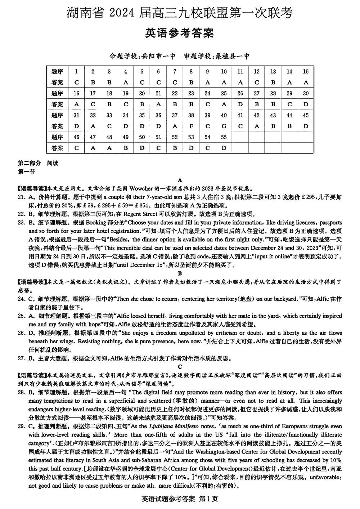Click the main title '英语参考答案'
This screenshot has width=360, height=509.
coord(179,33)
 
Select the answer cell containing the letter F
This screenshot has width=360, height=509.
coord(191,126)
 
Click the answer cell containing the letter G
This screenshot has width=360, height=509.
coord(224,126)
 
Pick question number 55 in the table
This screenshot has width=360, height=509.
coord(224,137)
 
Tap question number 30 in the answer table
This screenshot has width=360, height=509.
coord(306,93)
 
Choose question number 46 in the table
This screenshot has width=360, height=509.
coord(76,137)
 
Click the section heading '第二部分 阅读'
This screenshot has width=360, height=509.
coord(38,163)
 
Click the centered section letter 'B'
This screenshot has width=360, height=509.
coord(180,273)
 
